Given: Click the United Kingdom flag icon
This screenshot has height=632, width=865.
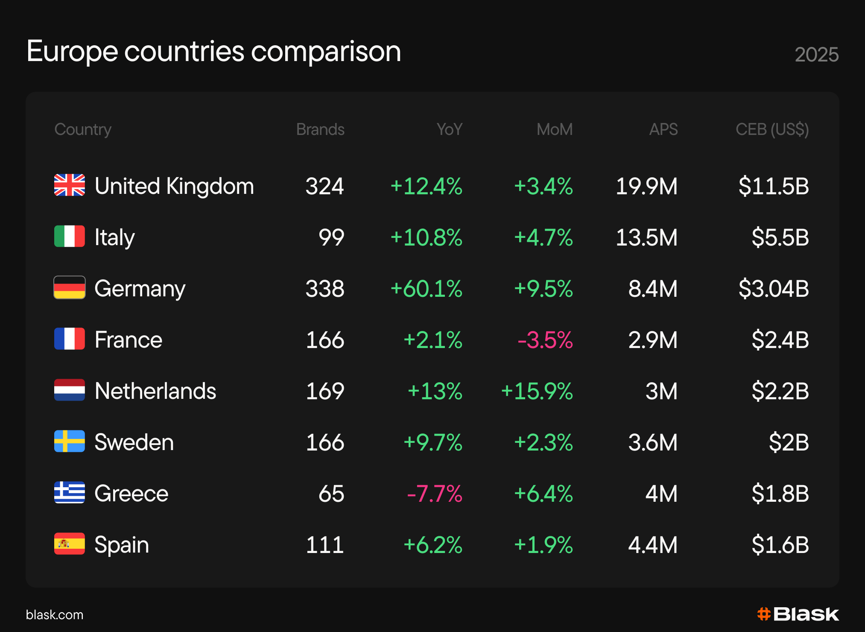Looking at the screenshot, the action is tap(70, 185).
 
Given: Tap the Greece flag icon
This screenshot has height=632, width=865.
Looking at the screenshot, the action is tap(70, 492).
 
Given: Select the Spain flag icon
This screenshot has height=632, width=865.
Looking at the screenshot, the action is tap(70, 544).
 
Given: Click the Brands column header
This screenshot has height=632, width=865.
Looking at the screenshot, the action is tap(320, 129).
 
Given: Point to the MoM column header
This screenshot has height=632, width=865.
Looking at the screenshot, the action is tap(555, 129).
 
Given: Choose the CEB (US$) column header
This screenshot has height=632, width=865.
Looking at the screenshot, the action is tap(772, 130).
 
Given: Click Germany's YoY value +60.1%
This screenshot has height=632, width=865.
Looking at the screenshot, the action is tap(427, 289).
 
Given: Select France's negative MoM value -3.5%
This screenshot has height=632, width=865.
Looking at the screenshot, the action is tap(545, 340).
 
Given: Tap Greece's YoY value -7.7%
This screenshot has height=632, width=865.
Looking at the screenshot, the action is tap(435, 494).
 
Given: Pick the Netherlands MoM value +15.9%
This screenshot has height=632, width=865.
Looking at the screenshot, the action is tap(537, 391).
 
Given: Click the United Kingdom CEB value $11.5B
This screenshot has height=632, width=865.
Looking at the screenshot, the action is tap(774, 186).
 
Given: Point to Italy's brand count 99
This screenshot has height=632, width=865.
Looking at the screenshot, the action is tap(331, 237).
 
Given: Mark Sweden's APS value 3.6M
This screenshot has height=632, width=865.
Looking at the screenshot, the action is tap(653, 442).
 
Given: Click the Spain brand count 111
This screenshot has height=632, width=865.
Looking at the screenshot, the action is tap(325, 545).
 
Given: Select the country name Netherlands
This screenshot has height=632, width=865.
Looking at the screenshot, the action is tap(155, 391).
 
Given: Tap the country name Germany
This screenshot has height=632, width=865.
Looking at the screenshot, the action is tap(140, 289).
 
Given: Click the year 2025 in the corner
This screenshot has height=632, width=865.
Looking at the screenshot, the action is tap(817, 55).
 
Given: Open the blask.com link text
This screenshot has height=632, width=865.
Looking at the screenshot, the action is tap(55, 614).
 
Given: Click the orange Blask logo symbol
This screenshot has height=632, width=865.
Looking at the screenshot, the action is tap(764, 614).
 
